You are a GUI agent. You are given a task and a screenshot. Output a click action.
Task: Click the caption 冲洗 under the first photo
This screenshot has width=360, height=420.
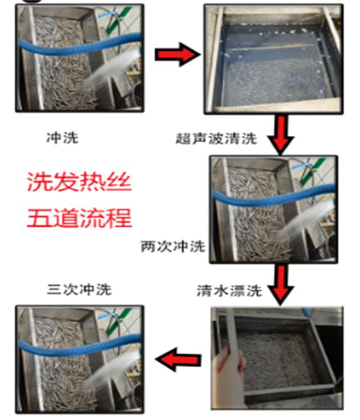62,138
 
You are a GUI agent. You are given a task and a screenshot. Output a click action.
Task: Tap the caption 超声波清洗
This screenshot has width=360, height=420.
216,139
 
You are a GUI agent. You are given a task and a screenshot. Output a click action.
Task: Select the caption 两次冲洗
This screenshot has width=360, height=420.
173,246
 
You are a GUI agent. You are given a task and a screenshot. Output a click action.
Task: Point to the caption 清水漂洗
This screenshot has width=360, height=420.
229,290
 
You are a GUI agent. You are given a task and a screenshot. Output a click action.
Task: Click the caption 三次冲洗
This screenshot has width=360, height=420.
79,290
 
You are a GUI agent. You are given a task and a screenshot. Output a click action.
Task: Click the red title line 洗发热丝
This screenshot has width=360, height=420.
80,182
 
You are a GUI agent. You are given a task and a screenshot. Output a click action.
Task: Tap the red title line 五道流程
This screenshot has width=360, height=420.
80,218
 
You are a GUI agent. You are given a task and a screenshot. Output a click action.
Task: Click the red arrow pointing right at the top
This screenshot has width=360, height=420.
178,55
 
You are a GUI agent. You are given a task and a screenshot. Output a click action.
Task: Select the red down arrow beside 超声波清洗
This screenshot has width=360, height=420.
281,135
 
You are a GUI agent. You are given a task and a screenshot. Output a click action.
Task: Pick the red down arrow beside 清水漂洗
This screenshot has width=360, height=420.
281,285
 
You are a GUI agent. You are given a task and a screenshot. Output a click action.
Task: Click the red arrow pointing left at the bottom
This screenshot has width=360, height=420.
178,359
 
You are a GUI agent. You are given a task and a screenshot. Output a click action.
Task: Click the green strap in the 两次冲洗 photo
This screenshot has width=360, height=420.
312,172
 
